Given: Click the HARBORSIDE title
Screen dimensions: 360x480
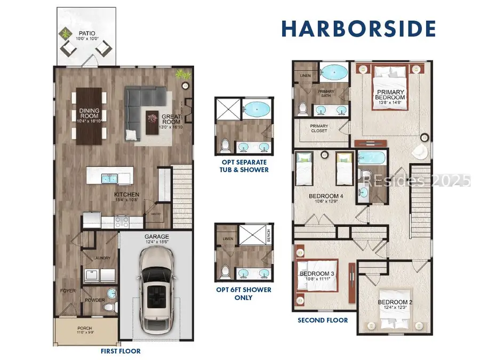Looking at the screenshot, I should pyautogui.click(x=358, y=28).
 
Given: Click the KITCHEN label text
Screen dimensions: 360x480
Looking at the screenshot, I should pyautogui.click(x=126, y=195).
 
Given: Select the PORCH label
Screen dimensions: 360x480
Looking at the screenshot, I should pyautogui.click(x=85, y=328).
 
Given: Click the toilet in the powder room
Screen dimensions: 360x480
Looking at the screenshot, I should pyautogui.click(x=109, y=307).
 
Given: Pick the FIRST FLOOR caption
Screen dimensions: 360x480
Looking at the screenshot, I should pyautogui.click(x=122, y=352).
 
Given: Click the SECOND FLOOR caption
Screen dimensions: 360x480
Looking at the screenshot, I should pyautogui.click(x=323, y=320).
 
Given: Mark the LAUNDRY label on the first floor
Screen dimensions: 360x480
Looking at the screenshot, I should pyautogui.click(x=101, y=258).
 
